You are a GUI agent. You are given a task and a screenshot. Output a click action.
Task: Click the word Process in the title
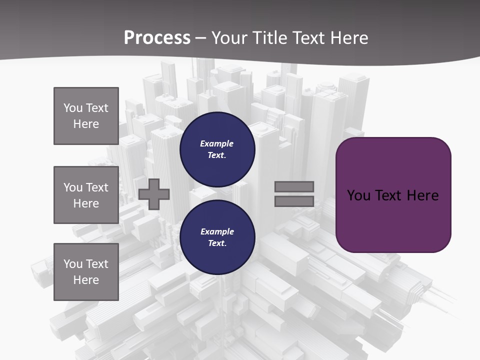pos(157,38)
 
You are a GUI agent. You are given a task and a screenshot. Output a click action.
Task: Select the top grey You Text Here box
pos(86,116)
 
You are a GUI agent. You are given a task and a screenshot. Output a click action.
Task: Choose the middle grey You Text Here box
pos(86,195)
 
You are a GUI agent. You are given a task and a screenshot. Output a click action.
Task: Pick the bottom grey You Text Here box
pos(86,272)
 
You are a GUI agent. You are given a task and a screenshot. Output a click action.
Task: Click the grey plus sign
pos(154,194)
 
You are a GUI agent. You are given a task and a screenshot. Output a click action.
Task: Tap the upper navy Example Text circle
pos(217,149)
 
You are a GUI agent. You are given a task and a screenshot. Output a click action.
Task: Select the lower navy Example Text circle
pos(217,237)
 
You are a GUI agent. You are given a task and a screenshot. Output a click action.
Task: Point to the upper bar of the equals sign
pos(294,187)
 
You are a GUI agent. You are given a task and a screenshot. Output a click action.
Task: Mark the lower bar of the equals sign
pos(294,201)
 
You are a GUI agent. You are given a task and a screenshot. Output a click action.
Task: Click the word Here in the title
pos(349,38)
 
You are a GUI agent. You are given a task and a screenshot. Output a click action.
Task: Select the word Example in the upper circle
pos(217,143)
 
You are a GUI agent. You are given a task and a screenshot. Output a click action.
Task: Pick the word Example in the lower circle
pos(217,231)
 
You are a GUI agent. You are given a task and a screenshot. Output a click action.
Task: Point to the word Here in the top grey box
pos(86,124)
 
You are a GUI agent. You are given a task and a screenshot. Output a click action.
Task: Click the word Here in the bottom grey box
pos(86,280)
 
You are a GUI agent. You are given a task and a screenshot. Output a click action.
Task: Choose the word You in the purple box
pos(358,195)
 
